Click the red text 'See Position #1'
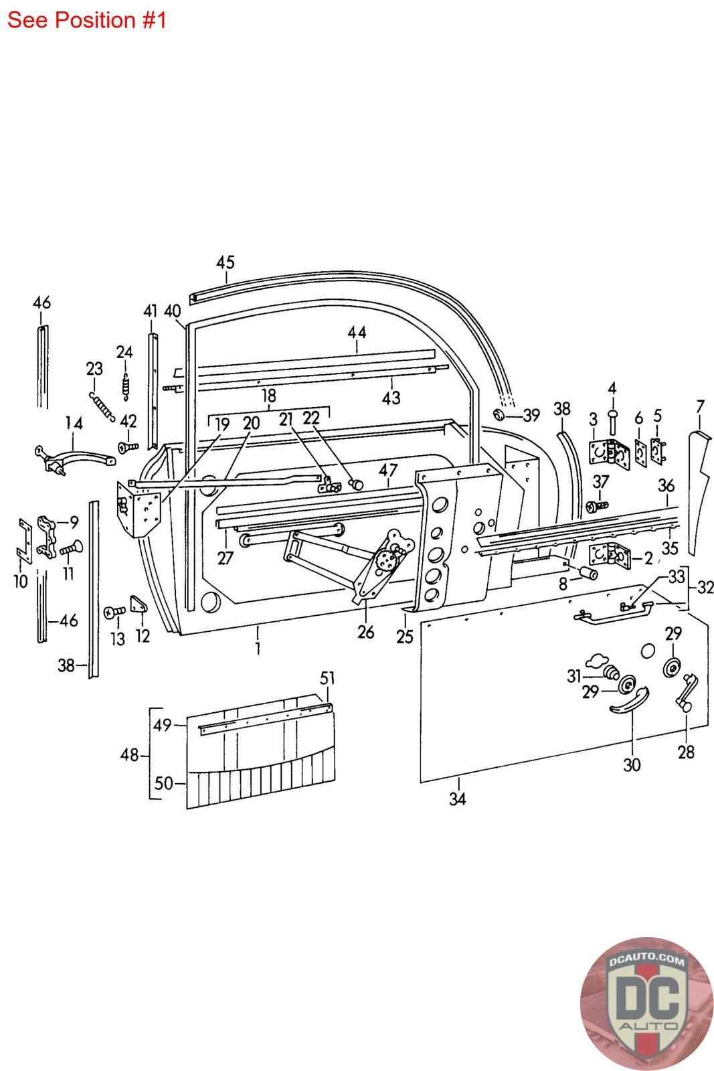pyautogui.click(x=86, y=20)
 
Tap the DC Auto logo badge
pyautogui.click(x=646, y=1003)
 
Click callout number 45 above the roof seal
pyautogui.click(x=226, y=262)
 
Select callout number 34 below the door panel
pyautogui.click(x=457, y=799)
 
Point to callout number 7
pyautogui.click(x=700, y=407)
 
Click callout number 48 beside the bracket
pyautogui.click(x=129, y=755)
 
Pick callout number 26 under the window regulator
pyautogui.click(x=365, y=632)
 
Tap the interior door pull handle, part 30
pyautogui.click(x=629, y=700)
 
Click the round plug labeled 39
pyautogui.click(x=499, y=414)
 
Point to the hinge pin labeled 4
pyautogui.click(x=612, y=422)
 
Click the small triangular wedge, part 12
pyautogui.click(x=139, y=604)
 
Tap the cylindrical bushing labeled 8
pyautogui.click(x=588, y=573)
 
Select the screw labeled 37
pyautogui.click(x=597, y=506)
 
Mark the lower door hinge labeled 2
pyautogui.click(x=610, y=554)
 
